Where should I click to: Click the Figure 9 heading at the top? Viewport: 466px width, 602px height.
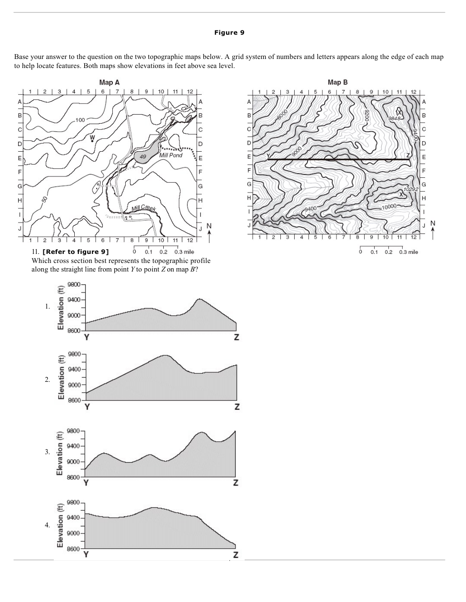[229, 32]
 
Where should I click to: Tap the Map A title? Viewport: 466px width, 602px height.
[109, 82]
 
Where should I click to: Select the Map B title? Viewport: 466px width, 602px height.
[337, 82]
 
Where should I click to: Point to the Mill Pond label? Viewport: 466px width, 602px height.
[171, 155]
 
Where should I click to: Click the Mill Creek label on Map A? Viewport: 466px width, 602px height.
[143, 208]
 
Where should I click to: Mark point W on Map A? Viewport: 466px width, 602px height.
[92, 138]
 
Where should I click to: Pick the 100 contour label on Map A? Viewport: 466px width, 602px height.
[80, 120]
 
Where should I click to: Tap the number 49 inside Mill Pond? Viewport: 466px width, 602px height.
[143, 156]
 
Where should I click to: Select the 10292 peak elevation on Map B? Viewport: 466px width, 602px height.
[410, 189]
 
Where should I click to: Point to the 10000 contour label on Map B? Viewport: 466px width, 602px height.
[389, 206]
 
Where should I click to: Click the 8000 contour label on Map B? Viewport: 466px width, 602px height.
[283, 115]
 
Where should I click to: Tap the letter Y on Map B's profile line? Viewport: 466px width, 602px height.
[268, 156]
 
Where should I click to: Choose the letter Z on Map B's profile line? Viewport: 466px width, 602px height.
[408, 155]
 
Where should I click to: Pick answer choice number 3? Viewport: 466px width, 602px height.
[47, 452]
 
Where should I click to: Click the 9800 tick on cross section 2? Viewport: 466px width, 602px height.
[74, 354]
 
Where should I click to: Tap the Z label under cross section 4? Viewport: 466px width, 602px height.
[236, 555]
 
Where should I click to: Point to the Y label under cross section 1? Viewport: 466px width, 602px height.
[87, 337]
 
